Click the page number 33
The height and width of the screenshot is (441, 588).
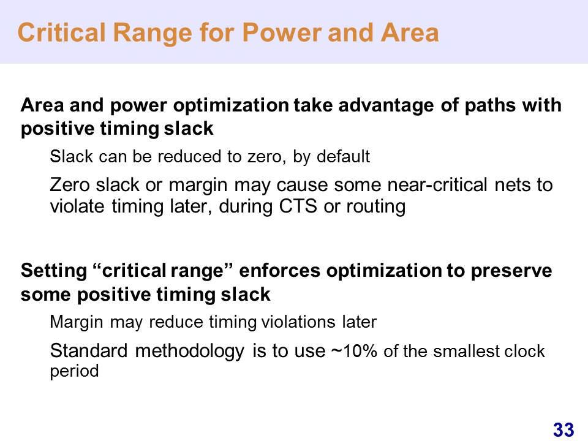click(563, 430)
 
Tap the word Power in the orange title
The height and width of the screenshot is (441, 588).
click(282, 34)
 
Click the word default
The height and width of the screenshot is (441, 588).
click(343, 156)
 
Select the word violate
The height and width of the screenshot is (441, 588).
click(77, 206)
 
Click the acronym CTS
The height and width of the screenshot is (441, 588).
click(298, 206)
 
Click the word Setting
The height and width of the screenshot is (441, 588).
click(54, 271)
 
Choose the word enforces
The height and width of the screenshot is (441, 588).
click(279, 271)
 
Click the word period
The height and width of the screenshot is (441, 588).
click(74, 372)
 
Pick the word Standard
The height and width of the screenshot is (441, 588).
click(88, 351)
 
